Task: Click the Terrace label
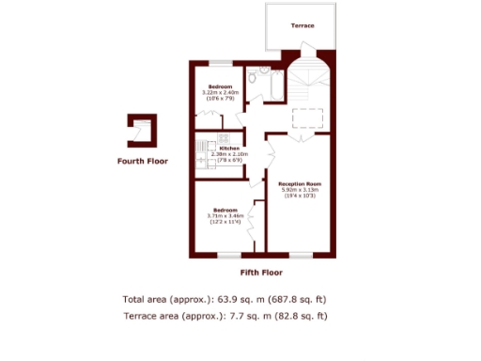[x=302, y=25]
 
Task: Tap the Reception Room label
[x=301, y=182]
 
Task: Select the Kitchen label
[x=229, y=149]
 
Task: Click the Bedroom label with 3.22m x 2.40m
[x=221, y=86]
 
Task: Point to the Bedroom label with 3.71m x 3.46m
[x=225, y=209]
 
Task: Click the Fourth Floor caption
[x=142, y=162]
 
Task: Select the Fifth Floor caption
[x=261, y=273]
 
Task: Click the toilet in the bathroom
[x=265, y=72]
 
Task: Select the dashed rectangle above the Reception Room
[x=306, y=118]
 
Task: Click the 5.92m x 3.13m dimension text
[x=301, y=189]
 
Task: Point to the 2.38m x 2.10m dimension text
[x=229, y=154]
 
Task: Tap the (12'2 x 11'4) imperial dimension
[x=225, y=222]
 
